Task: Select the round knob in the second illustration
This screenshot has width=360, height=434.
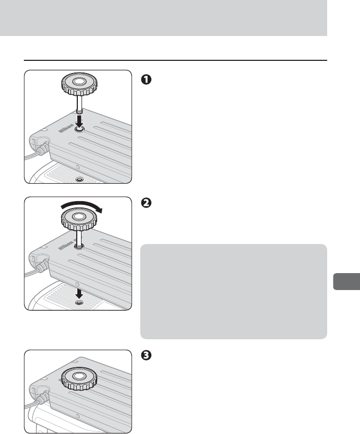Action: pyautogui.click(x=78, y=216)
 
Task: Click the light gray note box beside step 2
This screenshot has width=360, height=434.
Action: pyautogui.click(x=233, y=291)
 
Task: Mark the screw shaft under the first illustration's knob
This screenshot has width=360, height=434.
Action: pyautogui.click(x=78, y=104)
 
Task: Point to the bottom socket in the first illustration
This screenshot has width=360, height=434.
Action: pyautogui.click(x=79, y=180)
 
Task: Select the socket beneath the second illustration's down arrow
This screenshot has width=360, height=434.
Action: pyautogui.click(x=79, y=302)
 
